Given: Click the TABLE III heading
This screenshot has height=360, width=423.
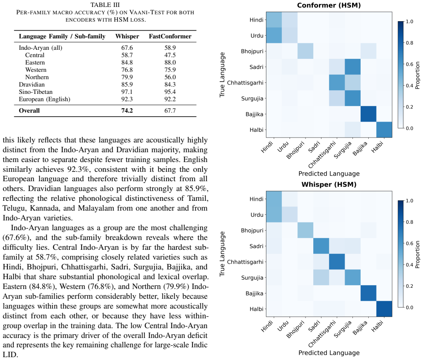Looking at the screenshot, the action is pos(105,5).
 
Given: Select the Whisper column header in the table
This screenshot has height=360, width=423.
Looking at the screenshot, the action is pos(127,36).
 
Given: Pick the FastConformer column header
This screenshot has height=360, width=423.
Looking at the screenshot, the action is pos(170,36).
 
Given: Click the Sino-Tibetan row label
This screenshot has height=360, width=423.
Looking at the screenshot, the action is pos(35,92).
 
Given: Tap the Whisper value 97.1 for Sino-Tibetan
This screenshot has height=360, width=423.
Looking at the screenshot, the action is pos(127,92).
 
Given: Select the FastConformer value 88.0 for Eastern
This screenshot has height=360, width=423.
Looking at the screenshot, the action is pos(170,62).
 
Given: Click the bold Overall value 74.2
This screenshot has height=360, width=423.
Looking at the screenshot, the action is pos(127,111).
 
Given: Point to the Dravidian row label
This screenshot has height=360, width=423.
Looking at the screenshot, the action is pos(32,84).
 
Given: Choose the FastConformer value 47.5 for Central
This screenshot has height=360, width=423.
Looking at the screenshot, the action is pos(170,55).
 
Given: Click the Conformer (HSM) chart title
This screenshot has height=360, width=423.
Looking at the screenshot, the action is pos(329,5).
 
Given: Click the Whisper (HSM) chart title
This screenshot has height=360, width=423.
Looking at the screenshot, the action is pos(329,184).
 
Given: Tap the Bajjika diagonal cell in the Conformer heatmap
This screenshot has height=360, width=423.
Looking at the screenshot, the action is pos(368,114).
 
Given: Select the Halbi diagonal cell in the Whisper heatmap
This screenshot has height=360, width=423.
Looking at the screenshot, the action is pos(384,309).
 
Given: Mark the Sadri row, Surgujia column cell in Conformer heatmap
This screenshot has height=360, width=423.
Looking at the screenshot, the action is pos(352,67).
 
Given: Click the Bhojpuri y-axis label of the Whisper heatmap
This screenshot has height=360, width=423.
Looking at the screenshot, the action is pos(252,231).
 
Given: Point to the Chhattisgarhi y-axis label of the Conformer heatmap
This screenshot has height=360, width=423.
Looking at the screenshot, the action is pos(245,83).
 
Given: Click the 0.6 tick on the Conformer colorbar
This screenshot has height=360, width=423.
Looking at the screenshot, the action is pos(410,64).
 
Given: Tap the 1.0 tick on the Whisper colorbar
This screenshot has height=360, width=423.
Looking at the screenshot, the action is pos(410,201).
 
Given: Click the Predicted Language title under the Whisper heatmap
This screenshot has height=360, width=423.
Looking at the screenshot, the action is pos(329,353).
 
